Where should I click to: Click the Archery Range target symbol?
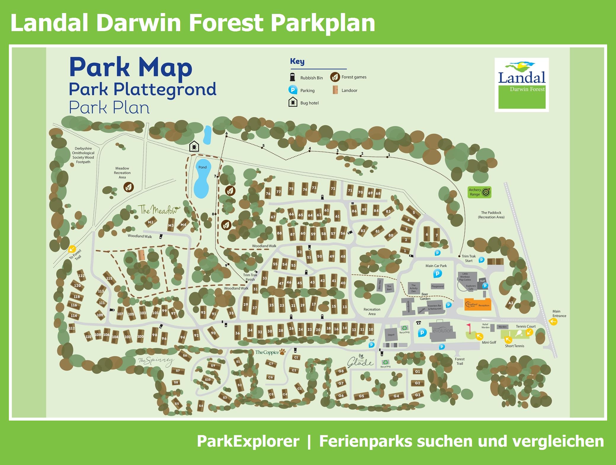(486, 192)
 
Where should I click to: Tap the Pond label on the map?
(203, 167)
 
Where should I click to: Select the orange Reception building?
(477, 304)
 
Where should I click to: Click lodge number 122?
(81, 276)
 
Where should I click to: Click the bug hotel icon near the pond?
(194, 146)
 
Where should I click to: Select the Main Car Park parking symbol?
(437, 273)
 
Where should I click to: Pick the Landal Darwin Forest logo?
(522, 85)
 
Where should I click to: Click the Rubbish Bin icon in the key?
(293, 77)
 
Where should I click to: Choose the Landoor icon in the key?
(335, 90)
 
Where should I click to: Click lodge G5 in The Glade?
(361, 396)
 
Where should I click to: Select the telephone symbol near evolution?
(418, 323)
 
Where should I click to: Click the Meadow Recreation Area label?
(122, 173)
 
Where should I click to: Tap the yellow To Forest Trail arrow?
(72, 249)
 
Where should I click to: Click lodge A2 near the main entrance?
(511, 303)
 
